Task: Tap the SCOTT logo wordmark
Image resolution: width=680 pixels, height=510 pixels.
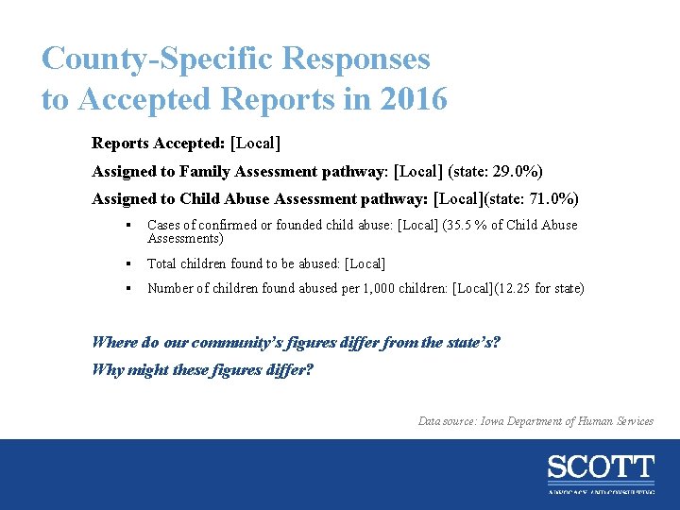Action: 600,467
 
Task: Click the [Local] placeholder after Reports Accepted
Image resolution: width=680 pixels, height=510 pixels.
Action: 255,144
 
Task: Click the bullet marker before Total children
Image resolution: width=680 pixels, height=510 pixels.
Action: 126,264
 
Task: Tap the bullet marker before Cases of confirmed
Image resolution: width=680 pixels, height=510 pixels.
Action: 126,226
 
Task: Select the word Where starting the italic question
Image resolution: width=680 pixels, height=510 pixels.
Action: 113,342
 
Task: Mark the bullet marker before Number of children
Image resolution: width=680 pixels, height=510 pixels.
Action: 126,288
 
